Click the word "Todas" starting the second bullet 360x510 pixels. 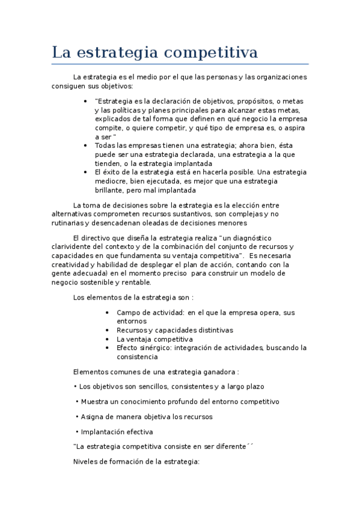pyautogui.click(x=105, y=145)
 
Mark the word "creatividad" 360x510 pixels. pyautogui.click(x=72, y=265)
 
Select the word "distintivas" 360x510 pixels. pyautogui.click(x=213, y=330)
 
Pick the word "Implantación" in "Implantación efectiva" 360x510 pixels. pyautogui.click(x=103, y=432)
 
